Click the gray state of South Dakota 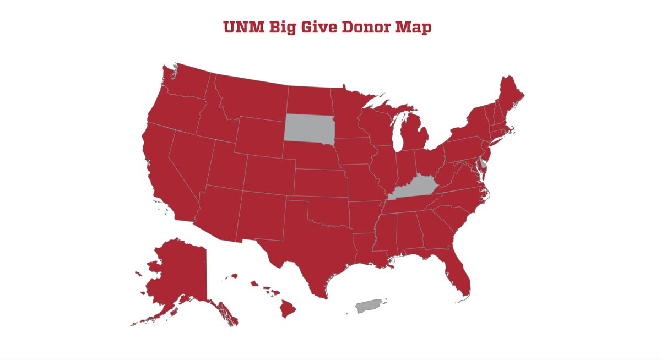[x=310, y=128]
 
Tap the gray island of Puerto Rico [x=369, y=306]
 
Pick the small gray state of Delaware [x=483, y=163]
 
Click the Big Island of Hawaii [x=288, y=309]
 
